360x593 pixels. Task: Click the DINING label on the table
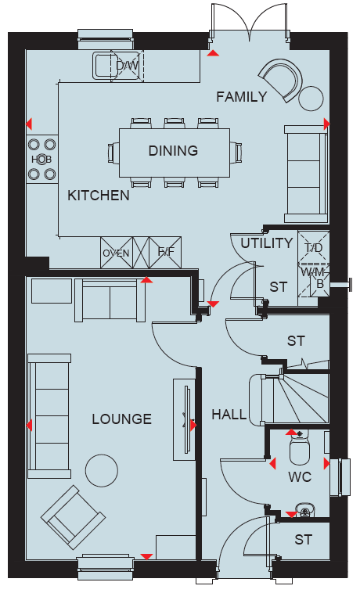tap(173, 150)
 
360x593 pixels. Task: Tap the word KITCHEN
tap(99, 196)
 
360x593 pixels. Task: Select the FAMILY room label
tap(242, 97)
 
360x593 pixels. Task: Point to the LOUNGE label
tap(122, 419)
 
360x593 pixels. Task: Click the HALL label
tap(229, 415)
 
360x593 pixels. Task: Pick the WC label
tap(300, 477)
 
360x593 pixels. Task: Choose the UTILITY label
tap(267, 243)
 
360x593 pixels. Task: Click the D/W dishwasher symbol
tap(127, 66)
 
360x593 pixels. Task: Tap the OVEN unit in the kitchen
tap(117, 253)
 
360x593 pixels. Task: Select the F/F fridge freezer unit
tap(165, 252)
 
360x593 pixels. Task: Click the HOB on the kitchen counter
tap(41, 160)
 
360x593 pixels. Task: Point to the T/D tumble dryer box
tap(314, 247)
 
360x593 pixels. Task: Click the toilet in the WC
tap(300, 447)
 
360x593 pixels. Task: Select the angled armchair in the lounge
tap(74, 517)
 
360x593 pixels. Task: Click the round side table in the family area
tap(311, 99)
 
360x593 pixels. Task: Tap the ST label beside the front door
tap(304, 540)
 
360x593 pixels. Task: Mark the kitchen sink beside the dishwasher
tap(102, 66)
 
